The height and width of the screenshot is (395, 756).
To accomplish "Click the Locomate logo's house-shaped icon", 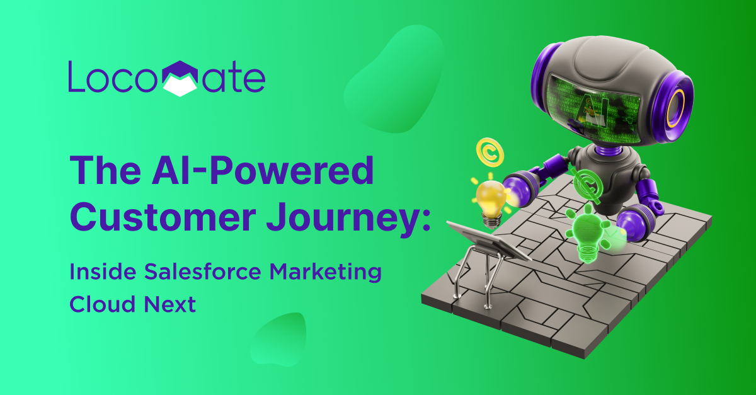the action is pyautogui.click(x=180, y=79).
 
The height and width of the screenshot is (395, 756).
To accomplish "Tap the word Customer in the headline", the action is pyautogui.click(x=163, y=215).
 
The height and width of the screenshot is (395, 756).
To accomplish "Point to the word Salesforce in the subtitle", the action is pyautogui.click(x=203, y=272).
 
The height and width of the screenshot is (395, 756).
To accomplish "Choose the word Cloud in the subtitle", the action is pyautogui.click(x=102, y=304).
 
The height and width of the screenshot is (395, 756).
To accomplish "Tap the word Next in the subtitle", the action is pyautogui.click(x=169, y=304).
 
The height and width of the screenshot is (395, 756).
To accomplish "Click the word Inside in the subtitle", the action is pyautogui.click(x=103, y=272).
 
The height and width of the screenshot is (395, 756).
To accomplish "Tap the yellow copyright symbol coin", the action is pyautogui.click(x=490, y=152).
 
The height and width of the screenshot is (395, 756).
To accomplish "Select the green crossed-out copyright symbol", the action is pyautogui.click(x=588, y=185).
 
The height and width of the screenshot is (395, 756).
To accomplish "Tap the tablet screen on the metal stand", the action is pyautogui.click(x=488, y=239).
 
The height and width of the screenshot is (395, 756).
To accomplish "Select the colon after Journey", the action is pyautogui.click(x=426, y=220).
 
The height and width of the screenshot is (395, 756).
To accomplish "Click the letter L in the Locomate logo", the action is pyautogui.click(x=76, y=76).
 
